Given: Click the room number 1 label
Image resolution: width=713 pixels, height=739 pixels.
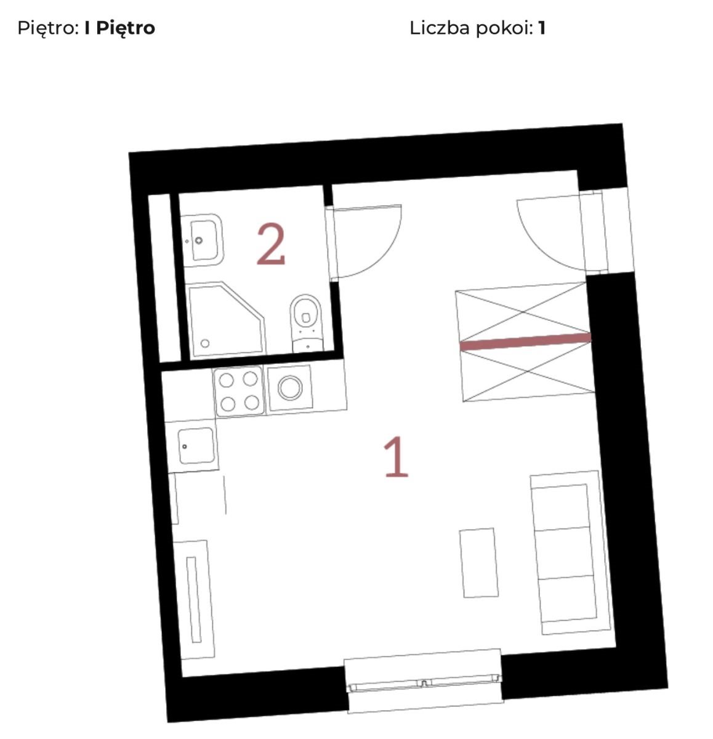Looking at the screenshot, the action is point(396,456).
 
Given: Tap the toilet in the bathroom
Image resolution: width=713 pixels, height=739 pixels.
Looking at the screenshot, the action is point(307,323).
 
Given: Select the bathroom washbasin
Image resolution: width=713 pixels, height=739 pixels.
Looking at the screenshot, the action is point(201,240).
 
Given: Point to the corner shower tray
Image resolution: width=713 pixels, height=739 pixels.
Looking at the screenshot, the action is point(227,320).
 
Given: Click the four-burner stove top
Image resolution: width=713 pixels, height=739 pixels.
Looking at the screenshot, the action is point(239,391).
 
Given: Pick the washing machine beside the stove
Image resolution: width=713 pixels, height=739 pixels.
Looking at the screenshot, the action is point(290,388).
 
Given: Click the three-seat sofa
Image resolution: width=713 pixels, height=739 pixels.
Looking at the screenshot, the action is point(570,553).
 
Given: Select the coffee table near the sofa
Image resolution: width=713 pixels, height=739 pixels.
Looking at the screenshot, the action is point(479,562).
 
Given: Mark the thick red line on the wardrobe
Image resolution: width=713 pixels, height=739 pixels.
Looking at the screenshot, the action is point(525,341).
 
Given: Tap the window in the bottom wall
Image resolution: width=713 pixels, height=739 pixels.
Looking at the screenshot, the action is point(424,681).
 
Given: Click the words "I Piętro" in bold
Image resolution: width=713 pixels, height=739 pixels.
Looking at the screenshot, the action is point(120,28).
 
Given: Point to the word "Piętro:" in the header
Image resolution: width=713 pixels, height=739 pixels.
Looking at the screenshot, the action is point(48,28).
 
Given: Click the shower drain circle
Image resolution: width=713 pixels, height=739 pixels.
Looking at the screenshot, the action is point(205,343).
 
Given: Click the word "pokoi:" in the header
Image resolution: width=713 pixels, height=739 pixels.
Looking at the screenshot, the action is point(504,28).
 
